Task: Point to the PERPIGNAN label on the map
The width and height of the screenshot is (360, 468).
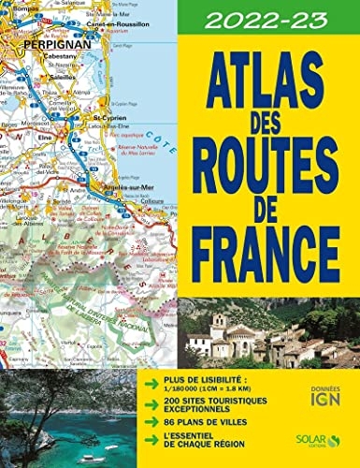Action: coord(47,44)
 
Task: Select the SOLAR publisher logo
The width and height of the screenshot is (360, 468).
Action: coord(320,437)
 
